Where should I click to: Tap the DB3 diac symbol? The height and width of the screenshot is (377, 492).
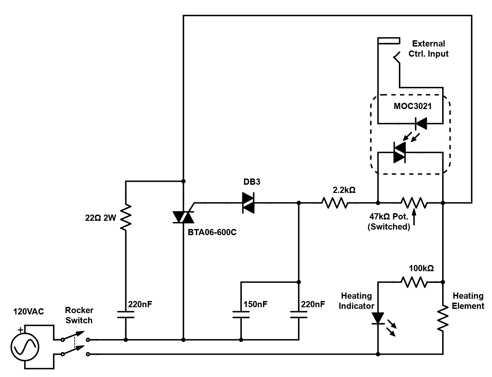click(248, 203)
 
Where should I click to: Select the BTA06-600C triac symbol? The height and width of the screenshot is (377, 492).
click(183, 217)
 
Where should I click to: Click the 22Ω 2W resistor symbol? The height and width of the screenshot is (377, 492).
click(126, 217)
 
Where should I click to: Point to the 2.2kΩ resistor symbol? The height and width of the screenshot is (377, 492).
click(335, 203)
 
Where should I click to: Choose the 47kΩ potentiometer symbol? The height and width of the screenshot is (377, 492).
click(414, 203)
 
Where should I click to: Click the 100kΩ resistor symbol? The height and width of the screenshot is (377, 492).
click(414, 282)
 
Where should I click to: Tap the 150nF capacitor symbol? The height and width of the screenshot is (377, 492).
click(241, 315)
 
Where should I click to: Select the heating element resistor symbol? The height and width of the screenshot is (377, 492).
click(443, 318)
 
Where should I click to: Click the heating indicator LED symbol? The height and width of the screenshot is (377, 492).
click(378, 319)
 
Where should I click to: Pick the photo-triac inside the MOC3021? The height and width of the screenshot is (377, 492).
click(400, 152)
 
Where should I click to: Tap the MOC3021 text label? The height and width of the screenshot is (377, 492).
click(412, 106)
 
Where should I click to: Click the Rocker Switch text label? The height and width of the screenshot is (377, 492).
click(79, 315)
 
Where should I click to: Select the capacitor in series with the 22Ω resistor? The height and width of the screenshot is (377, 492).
click(126, 315)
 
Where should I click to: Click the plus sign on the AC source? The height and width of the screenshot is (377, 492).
click(20, 330)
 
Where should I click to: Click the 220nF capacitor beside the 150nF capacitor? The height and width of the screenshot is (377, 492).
click(299, 315)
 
